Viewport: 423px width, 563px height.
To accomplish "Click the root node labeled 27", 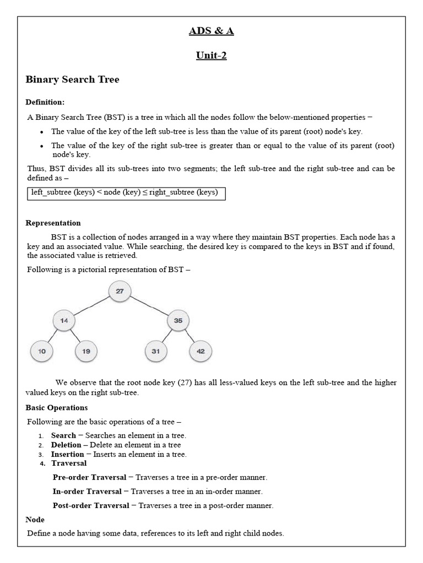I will pos(120,291).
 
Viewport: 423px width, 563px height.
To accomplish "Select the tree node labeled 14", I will pos(64,321).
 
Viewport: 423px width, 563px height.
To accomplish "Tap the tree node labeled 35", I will pos(178,321).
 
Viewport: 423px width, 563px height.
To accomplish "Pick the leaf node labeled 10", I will pos(41,351).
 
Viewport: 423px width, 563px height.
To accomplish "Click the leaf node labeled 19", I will pos(86,351).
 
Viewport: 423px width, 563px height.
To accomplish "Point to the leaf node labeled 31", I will pos(156,351).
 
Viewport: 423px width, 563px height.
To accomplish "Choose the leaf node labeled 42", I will pos(200,351).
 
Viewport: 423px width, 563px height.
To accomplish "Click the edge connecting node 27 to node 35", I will pos(149,306).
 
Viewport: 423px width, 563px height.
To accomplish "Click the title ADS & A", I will pos(211,31).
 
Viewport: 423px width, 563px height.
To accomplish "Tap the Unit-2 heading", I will pos(211,55).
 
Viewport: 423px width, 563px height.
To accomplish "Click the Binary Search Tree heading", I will pos(72,80).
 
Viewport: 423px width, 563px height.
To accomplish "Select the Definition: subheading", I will pos(45,102).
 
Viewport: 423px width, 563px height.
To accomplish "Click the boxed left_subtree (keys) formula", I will pos(126,192).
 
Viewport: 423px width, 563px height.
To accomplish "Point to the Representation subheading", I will pos(53,223).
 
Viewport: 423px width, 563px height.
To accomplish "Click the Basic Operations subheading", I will pos(57,407).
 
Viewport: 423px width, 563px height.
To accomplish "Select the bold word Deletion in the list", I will pos(66,445).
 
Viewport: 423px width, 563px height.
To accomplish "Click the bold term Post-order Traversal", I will pos(91,505).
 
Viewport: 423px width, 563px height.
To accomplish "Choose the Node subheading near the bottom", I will pos(35,520).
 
